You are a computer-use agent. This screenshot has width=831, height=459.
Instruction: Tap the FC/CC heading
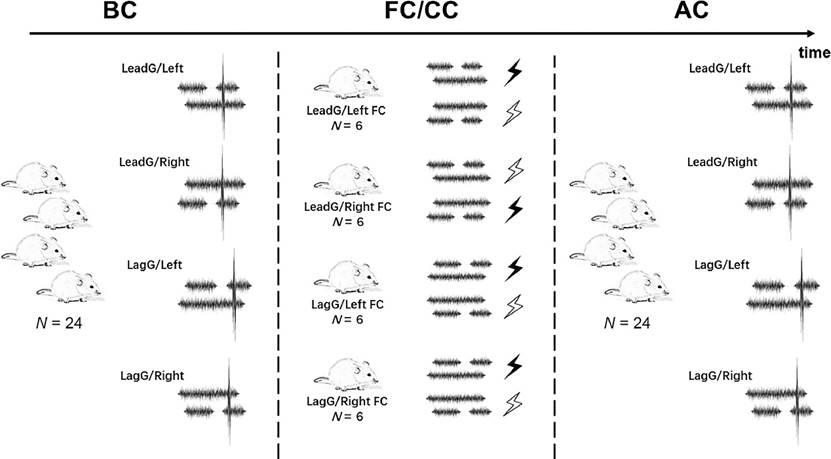point(416,13)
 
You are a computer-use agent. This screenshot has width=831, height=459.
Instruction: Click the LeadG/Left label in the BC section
point(150,68)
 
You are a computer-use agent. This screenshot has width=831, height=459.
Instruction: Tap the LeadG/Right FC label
point(348,207)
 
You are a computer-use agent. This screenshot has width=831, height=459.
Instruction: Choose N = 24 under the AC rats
point(625,323)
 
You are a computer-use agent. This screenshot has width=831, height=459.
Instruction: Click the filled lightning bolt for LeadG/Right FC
point(514,208)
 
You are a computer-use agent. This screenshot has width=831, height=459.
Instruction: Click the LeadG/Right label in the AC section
point(723,161)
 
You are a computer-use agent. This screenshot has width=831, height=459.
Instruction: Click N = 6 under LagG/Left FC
point(348,319)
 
